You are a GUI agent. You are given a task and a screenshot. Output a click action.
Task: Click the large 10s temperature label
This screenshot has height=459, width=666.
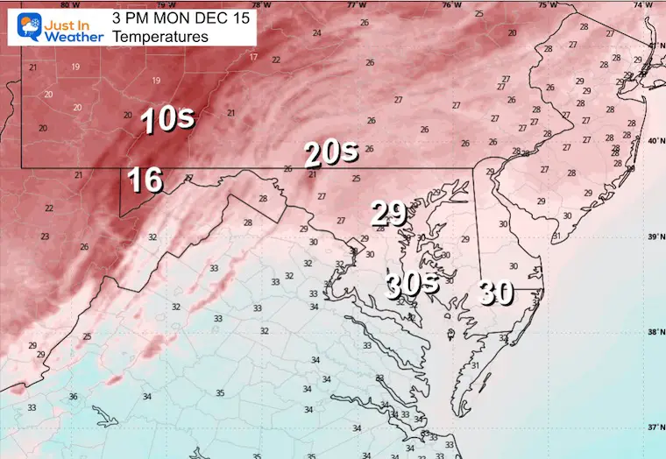click(166, 120)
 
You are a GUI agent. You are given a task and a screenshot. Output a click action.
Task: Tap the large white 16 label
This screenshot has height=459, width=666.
click(145, 180)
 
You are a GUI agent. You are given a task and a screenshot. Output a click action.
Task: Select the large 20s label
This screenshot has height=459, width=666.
click(331, 154)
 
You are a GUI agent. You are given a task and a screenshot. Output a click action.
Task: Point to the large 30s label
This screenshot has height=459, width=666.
click(413, 283)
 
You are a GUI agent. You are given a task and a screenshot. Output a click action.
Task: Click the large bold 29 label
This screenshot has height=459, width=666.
click(388, 213)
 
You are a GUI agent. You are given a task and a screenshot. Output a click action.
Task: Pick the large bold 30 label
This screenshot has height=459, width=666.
click(495, 292)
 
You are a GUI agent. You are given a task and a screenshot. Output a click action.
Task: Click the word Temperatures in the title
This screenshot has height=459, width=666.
click(161, 38)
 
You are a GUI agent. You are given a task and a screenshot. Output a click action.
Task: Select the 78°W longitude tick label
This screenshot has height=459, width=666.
click(256, 4)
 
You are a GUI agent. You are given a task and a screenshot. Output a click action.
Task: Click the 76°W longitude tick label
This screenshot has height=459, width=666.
click(450, 4)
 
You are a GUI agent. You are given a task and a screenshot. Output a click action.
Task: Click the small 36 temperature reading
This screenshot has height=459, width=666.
click(73, 397)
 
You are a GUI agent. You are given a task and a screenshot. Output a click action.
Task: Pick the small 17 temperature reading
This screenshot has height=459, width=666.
click(253, 57)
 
